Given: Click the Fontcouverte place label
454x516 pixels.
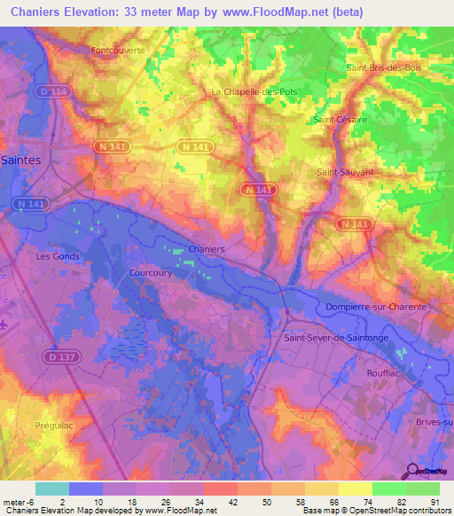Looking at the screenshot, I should click(x=118, y=51).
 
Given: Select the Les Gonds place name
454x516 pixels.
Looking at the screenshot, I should click(x=57, y=256).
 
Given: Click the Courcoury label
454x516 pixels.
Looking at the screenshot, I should click(x=150, y=273).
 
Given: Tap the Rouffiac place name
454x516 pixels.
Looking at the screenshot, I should click(x=386, y=373).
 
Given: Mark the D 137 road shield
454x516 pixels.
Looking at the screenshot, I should click(x=59, y=355).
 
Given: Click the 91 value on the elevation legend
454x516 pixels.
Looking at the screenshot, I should click(x=434, y=502).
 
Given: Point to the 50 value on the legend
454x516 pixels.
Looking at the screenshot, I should click(x=266, y=502).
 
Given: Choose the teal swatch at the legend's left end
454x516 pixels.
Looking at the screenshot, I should click(x=52, y=489).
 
